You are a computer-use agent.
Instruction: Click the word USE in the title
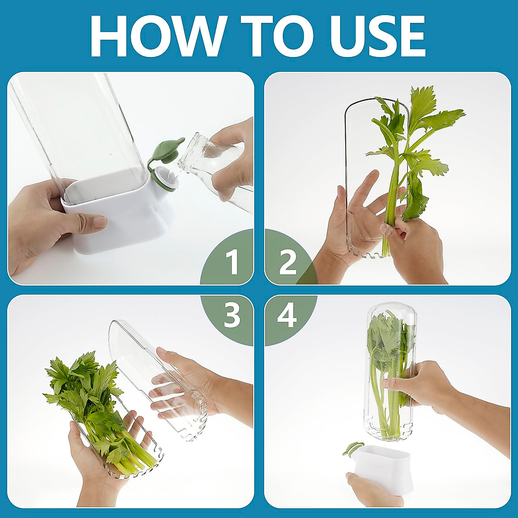[x=367, y=36]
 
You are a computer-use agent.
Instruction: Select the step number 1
[x=232, y=262]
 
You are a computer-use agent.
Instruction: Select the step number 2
[x=288, y=262]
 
